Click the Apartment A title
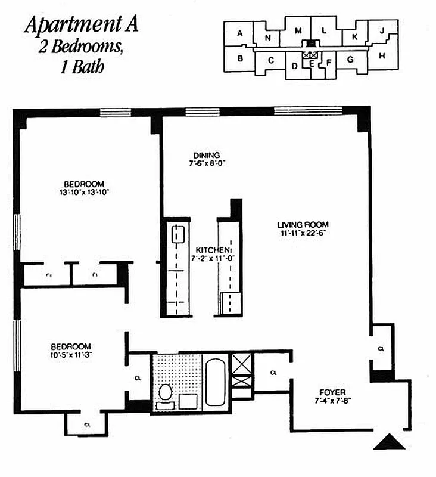click(82, 24)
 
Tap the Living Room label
click(303, 225)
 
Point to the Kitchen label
click(213, 250)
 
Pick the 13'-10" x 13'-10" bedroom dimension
click(85, 192)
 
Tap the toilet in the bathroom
click(166, 394)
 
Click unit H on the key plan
click(382, 56)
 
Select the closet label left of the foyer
click(273, 373)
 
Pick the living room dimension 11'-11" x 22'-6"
click(303, 233)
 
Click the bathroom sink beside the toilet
click(188, 401)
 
